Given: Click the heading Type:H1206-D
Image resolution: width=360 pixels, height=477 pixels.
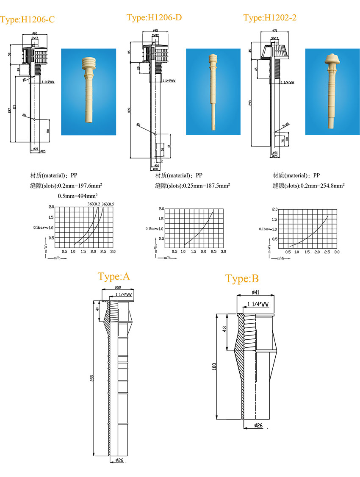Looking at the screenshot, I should [154, 17].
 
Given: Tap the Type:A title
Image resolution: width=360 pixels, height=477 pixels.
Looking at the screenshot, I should [114, 277].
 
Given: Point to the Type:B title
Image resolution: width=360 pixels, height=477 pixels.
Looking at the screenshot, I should [242, 279].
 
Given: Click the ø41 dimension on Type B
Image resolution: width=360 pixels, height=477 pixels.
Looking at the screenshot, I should [255, 292].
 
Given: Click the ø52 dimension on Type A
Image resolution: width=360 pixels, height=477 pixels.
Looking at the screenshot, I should [118, 288].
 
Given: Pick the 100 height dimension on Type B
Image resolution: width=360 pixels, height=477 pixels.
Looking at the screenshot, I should [214, 366].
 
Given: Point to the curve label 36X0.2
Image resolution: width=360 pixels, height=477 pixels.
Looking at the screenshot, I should [94, 204].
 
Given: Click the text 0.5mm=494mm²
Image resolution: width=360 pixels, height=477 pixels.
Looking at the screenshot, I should [78, 196].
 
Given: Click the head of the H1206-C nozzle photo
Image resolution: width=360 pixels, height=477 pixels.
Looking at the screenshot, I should [90, 63].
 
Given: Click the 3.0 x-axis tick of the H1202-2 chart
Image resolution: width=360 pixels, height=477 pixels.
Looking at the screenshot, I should [337, 252].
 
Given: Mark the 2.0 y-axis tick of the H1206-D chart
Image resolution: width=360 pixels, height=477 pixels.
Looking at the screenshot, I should [161, 209].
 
